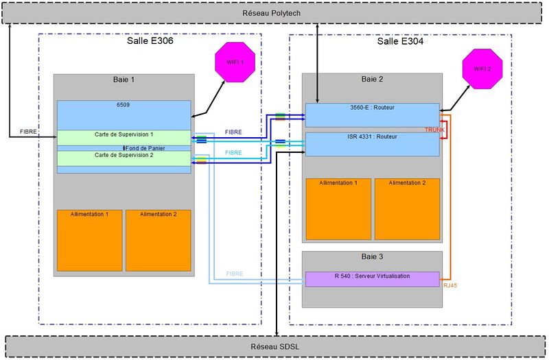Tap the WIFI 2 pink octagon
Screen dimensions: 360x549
[x=481, y=69]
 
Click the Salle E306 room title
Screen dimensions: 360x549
[x=150, y=42]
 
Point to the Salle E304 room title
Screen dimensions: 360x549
[x=400, y=42]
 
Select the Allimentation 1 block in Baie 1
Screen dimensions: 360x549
[x=89, y=240]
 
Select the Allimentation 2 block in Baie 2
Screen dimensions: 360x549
[x=407, y=209]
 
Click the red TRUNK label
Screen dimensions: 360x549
[x=434, y=130]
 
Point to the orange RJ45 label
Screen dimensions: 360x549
[x=451, y=285]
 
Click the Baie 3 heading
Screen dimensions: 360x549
[x=371, y=256]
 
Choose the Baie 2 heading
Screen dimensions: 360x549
[x=371, y=79]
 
